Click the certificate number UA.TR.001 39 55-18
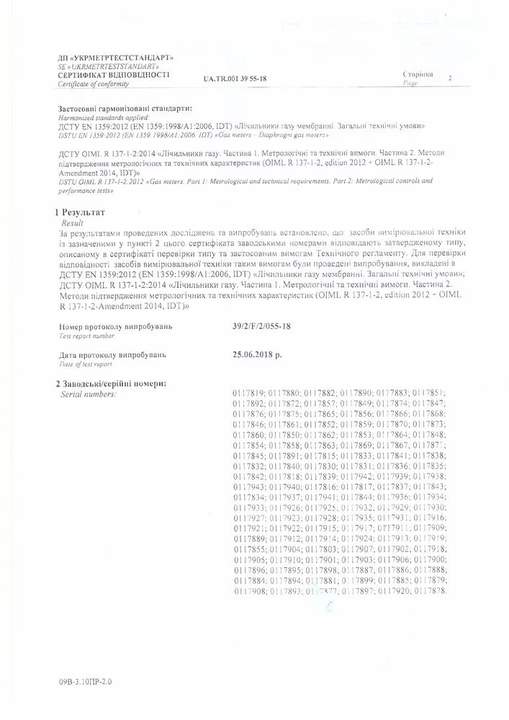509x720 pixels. (235, 78)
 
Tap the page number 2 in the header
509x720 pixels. (450, 77)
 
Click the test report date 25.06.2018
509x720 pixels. (258, 355)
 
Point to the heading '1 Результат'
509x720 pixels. (81, 213)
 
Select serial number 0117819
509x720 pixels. (248, 392)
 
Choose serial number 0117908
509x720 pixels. (248, 590)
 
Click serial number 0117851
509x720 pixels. (431, 392)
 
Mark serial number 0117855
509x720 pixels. (248, 549)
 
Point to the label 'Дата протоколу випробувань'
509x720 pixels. (112, 355)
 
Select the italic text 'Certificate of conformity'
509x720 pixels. (94, 84)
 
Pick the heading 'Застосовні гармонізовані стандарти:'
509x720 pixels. (125, 108)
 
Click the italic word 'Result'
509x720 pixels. (73, 223)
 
